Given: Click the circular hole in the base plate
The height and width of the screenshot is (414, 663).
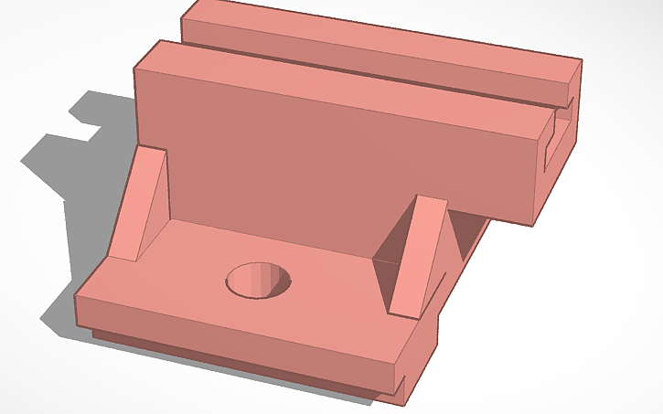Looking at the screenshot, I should [x=259, y=280].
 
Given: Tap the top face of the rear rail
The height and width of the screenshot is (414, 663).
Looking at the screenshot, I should [x=384, y=37].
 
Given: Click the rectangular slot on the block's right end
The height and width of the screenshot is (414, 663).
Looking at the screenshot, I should [x=554, y=146].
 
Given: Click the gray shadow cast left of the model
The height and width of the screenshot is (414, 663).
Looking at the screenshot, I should [x=64, y=174].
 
